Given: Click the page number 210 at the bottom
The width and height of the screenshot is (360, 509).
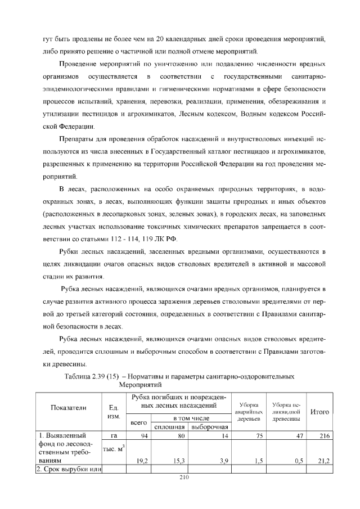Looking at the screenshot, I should pos(180,478).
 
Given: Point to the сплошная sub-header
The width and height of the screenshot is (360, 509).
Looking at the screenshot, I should pos(170,427).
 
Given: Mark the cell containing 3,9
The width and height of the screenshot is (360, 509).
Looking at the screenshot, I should pos(222,461).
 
